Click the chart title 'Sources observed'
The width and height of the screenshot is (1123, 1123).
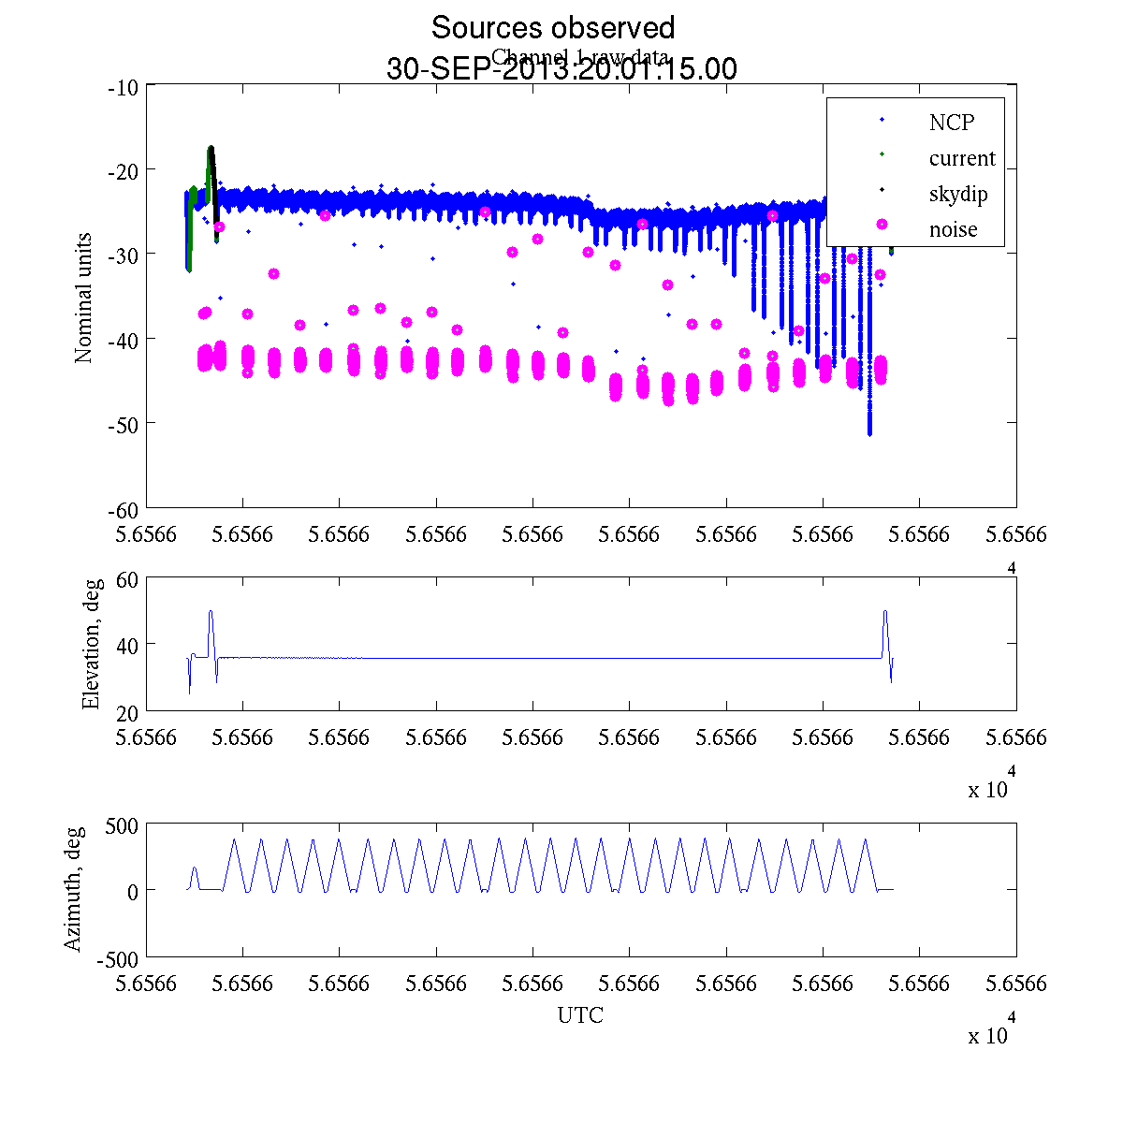[552, 28]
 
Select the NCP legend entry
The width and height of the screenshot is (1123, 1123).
[951, 123]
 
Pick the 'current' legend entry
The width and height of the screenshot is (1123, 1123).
[961, 158]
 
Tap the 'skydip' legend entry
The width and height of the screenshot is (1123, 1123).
[957, 194]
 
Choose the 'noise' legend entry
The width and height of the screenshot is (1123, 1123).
[953, 229]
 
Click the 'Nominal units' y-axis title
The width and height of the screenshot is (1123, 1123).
[84, 298]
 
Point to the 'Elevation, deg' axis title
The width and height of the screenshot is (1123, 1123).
[91, 644]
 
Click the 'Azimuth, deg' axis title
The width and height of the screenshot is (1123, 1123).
[73, 889]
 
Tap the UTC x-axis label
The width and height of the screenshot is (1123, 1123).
[580, 1015]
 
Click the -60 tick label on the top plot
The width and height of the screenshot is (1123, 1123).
[124, 509]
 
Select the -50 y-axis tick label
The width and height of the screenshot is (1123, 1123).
[124, 424]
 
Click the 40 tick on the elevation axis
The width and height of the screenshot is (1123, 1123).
[126, 645]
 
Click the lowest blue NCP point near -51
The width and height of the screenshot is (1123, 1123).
[869, 433]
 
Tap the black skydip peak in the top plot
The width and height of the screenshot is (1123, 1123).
[211, 149]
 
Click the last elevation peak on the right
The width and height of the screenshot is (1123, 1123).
[884, 612]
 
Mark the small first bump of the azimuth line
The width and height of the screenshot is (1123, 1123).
[195, 868]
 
